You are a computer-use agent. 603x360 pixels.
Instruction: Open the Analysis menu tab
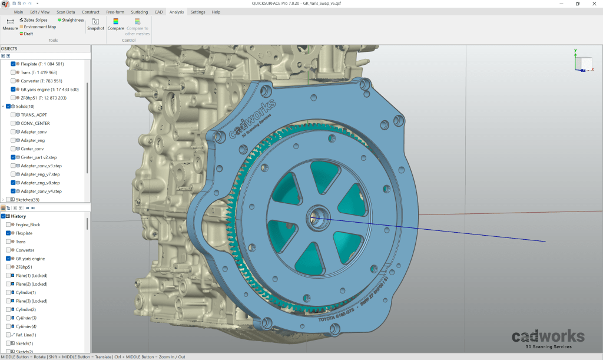pyautogui.click(x=176, y=12)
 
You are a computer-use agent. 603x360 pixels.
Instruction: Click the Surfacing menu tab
pyautogui.click(x=140, y=12)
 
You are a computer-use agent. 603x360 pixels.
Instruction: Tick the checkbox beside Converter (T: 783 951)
pyautogui.click(x=13, y=81)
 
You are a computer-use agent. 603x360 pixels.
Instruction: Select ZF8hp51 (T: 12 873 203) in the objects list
pyautogui.click(x=44, y=98)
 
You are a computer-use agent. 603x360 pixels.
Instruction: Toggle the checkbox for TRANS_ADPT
pyautogui.click(x=13, y=115)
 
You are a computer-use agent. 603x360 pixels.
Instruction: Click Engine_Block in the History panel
pyautogui.click(x=28, y=225)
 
